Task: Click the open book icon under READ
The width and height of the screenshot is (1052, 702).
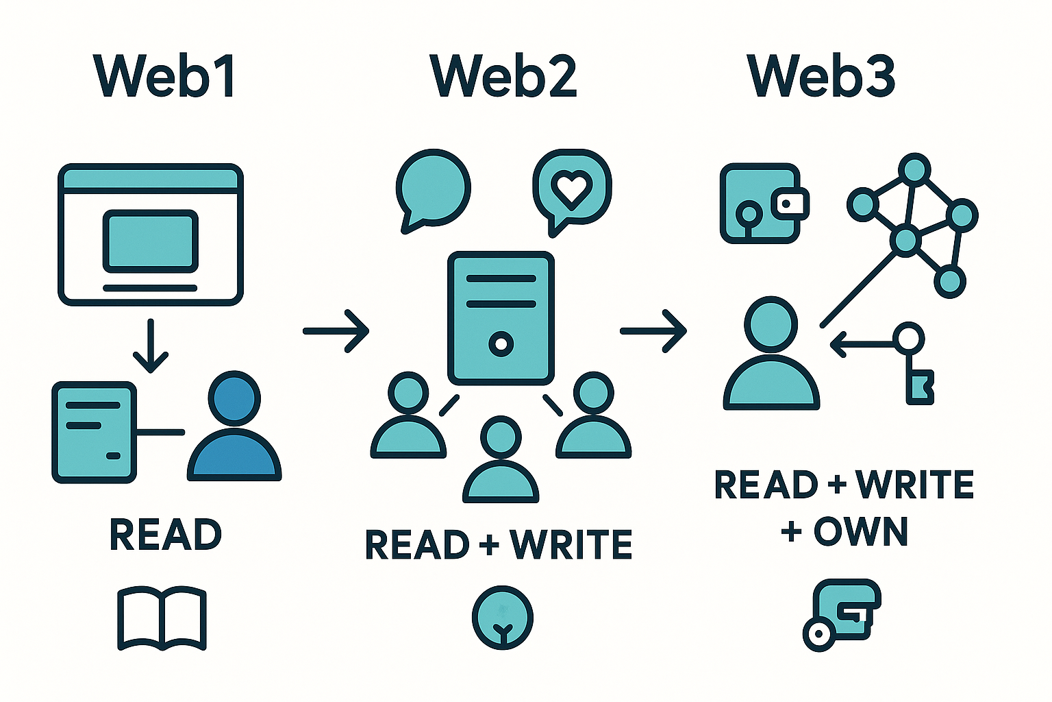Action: point(162,617)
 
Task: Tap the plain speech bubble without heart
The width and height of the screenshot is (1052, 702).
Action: point(433,189)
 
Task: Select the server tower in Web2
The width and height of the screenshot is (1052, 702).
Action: point(501,317)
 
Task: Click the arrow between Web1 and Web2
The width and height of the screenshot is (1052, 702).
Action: point(336,331)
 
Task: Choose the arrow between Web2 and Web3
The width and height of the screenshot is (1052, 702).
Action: point(653,331)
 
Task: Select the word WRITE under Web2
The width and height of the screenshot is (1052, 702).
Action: point(571,544)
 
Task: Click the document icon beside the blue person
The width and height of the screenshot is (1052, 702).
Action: point(94,432)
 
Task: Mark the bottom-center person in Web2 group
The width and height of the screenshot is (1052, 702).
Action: point(501,461)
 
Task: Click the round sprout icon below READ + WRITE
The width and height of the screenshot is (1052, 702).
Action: point(503,617)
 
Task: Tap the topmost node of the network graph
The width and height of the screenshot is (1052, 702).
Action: point(913,169)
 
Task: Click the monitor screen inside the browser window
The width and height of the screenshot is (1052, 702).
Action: point(151,241)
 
